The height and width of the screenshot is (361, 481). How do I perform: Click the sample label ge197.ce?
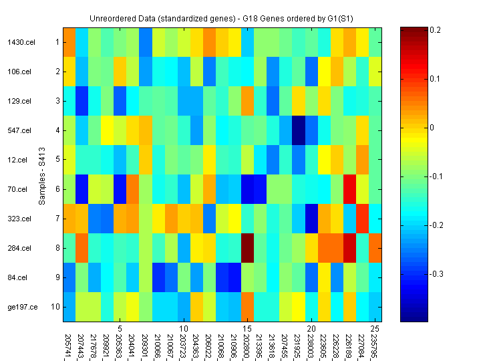click(19, 307)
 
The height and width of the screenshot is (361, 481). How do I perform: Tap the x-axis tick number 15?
click(247, 329)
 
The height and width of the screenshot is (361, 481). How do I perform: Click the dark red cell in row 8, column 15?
click(247, 248)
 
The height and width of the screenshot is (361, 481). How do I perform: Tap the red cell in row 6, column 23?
click(349, 189)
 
